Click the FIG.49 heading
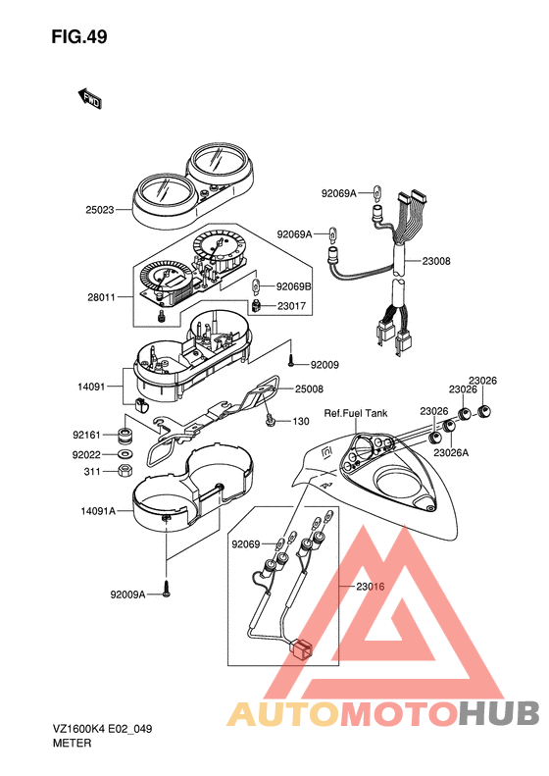[79, 37]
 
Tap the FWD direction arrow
[89, 98]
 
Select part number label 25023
[100, 210]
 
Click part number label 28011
[101, 297]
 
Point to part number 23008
[436, 261]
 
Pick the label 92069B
[294, 286]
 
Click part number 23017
[291, 306]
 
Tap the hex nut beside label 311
[125, 470]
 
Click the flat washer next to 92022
[125, 453]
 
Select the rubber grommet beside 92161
[125, 436]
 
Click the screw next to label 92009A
[167, 589]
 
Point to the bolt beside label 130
[270, 421]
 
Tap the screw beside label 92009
[292, 360]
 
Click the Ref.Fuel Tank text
[356, 413]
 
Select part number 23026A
[451, 452]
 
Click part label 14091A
[98, 511]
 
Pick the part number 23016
[370, 587]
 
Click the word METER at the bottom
[73, 743]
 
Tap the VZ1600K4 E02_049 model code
[102, 729]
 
